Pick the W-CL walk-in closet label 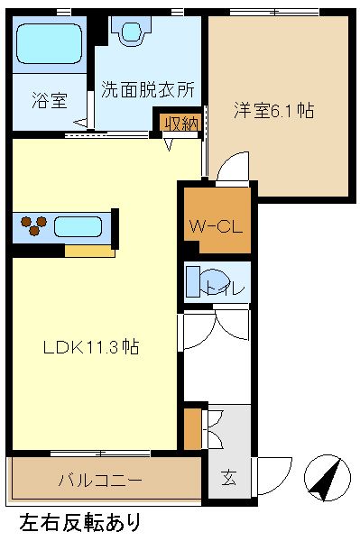(x=215, y=225)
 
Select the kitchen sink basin (x=80, y=225)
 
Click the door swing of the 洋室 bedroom (x=229, y=170)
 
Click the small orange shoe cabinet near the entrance (x=192, y=427)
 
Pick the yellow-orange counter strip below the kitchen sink (x=89, y=251)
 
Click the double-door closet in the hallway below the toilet (x=217, y=334)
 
